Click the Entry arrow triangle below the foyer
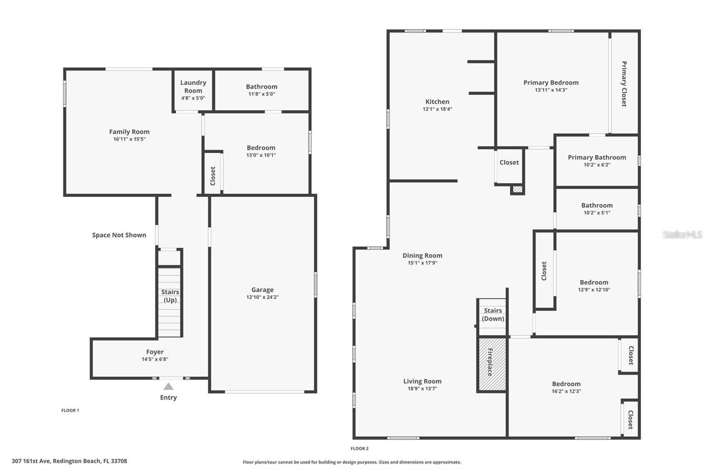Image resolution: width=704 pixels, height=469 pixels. pos(168,386)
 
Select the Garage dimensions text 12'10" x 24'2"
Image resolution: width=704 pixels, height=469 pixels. pos(262,297)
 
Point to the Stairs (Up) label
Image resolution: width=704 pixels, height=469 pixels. pos(170,296)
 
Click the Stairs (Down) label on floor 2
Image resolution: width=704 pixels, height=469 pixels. pos(493,315)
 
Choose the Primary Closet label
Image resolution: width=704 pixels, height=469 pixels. pos(624,84)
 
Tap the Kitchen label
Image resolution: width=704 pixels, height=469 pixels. pos(437,102)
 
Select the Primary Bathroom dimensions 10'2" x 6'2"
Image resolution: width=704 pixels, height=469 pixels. pos(597,165)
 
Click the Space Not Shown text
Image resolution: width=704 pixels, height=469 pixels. pos(119,235)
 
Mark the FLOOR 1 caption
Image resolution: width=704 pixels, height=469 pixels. pos(70,410)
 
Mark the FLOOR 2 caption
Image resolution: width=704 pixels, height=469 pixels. pos(359,449)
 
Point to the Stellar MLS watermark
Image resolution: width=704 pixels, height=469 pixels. pos(682,234)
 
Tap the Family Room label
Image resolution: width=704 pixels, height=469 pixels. pos(129,132)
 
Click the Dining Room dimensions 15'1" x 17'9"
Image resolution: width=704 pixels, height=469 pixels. pos(422,263)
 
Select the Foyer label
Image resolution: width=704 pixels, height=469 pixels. pos(155,352)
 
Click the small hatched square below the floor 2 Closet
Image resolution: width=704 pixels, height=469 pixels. pos(517,190)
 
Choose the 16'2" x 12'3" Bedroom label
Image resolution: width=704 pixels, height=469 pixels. pos(566,384)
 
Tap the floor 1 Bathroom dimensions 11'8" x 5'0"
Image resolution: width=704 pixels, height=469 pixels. pos(262,94)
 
